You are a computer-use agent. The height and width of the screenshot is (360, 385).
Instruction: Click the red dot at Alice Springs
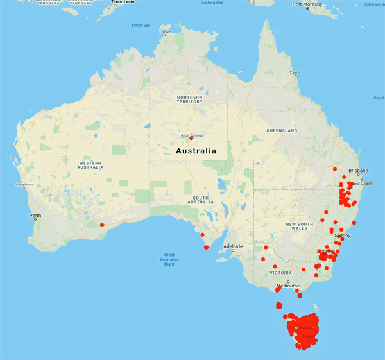191,139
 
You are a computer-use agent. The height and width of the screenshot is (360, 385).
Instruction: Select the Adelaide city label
233,246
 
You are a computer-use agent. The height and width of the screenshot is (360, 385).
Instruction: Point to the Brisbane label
359,171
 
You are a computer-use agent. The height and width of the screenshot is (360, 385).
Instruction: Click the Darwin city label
166,32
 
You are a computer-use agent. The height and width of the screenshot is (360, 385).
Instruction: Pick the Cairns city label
295,73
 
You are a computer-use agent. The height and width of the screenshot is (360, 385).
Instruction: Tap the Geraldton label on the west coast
24,185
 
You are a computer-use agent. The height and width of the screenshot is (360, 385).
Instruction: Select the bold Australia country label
196,151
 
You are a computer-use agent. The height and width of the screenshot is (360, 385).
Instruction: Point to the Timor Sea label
140,25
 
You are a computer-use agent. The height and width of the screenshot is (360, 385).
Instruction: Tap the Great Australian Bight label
170,259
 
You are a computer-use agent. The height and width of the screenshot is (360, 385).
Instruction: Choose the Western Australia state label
90,166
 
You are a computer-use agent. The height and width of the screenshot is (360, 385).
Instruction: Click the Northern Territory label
189,99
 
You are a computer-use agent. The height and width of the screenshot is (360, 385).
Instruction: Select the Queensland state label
282,130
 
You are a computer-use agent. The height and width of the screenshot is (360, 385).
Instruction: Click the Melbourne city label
288,285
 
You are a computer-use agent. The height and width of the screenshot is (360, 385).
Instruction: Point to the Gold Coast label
361,184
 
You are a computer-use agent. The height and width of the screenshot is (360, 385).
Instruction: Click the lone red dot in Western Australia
101,224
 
